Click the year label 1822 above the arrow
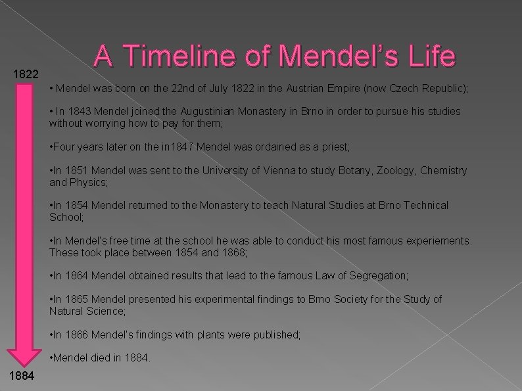26,75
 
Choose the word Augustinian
220,112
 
